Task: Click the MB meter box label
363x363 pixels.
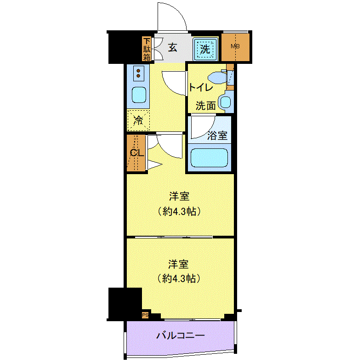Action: pos(235,46)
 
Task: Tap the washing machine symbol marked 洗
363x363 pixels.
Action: pos(205,49)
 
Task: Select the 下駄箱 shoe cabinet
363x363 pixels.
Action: pos(147,49)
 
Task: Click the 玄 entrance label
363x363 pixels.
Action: pos(173,48)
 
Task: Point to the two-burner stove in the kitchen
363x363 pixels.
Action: pos(138,73)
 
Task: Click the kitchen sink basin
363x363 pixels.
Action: pos(139,95)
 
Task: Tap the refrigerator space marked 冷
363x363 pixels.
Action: pos(138,120)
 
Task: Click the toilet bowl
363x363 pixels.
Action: pos(217,78)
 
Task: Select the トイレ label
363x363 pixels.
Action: pos(201,87)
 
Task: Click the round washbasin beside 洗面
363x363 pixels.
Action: pos(225,102)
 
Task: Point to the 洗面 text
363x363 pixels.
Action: pos(205,106)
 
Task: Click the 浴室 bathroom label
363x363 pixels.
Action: pos(217,135)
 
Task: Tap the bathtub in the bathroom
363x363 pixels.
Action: pos(209,158)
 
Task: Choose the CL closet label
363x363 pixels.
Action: pos(137,153)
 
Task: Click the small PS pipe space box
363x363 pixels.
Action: pos(145,315)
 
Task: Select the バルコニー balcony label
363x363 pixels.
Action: pos(181,335)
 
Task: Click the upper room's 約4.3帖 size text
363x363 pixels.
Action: pos(179,211)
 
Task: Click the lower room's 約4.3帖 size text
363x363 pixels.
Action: pos(179,278)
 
